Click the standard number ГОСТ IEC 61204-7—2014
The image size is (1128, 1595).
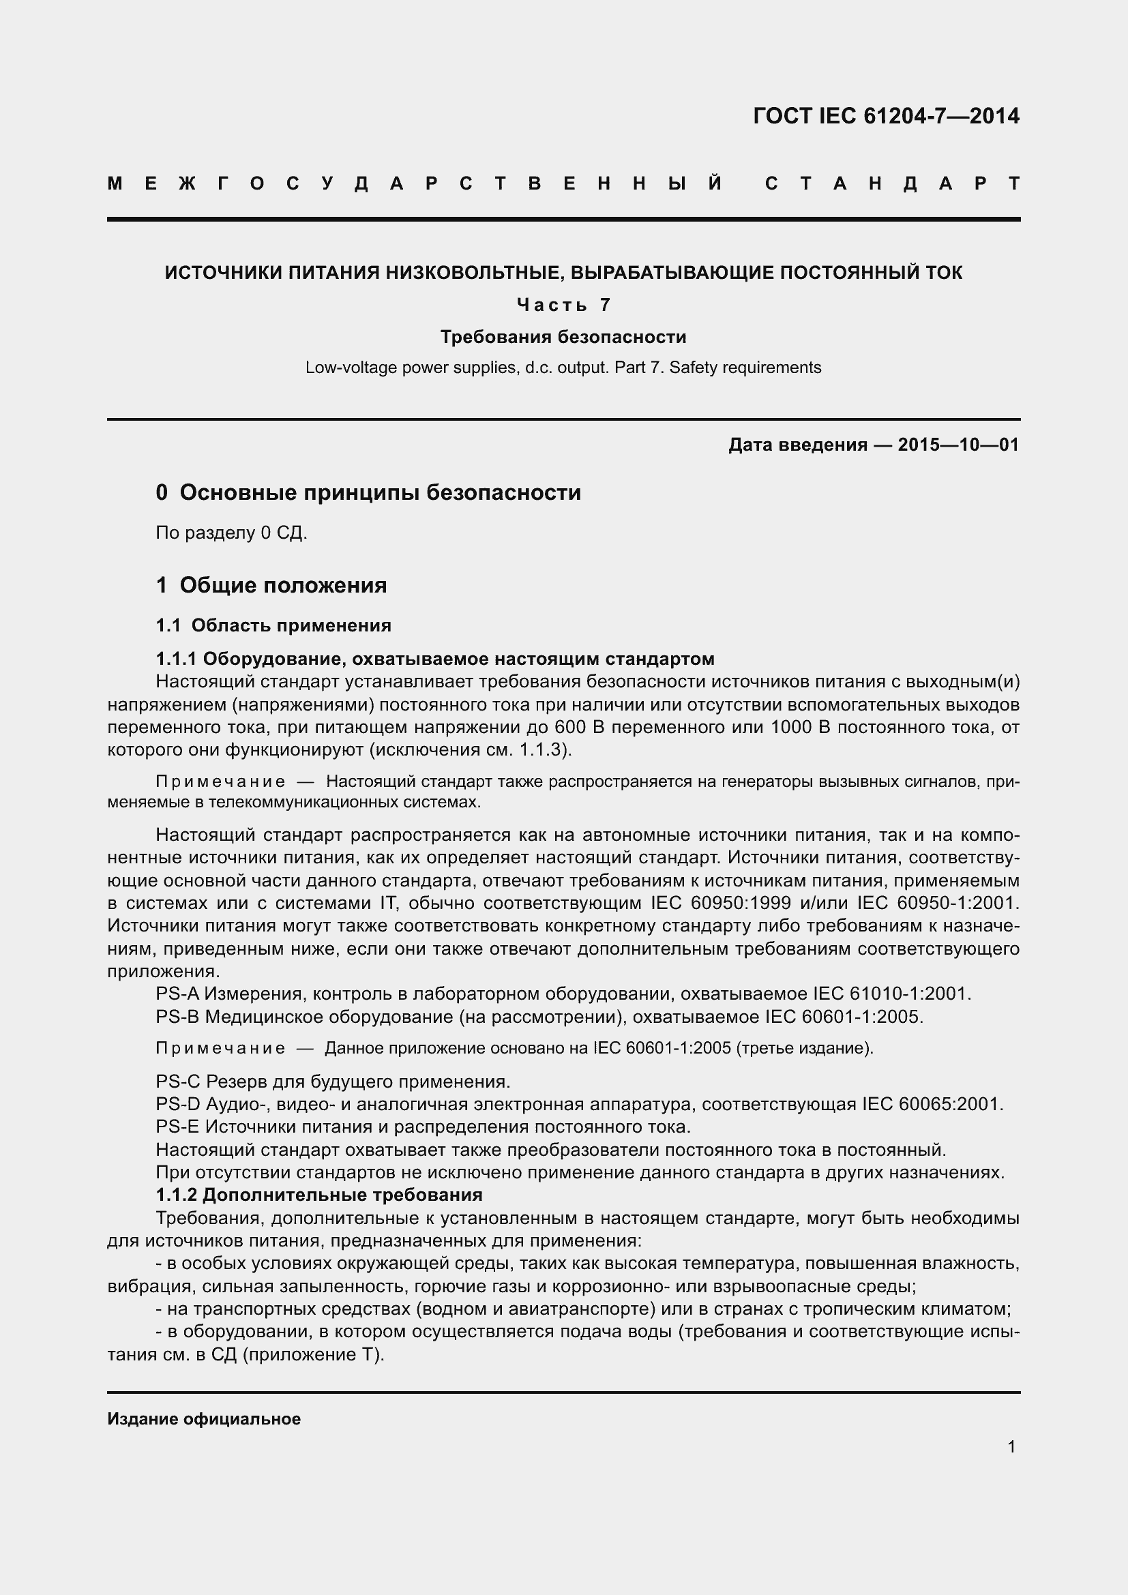886,116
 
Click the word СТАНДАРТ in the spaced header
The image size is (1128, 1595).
892,183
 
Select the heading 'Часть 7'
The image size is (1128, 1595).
563,304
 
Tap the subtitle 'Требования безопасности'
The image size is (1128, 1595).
563,337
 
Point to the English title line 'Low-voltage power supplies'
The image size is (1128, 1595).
563,368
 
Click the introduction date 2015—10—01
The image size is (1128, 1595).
958,445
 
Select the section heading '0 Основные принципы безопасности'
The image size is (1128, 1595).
368,492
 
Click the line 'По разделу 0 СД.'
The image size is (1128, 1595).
231,533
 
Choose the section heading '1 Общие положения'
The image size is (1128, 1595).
271,585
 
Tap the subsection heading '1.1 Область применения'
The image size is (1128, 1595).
273,625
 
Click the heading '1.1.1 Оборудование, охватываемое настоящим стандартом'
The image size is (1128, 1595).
435,658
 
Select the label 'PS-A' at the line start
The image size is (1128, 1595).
177,994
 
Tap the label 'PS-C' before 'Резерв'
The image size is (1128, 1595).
178,1082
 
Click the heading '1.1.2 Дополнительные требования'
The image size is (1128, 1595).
318,1195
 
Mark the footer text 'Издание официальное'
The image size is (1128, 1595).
203,1418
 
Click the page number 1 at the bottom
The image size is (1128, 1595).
1011,1446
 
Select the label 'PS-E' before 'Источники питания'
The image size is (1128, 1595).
177,1126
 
